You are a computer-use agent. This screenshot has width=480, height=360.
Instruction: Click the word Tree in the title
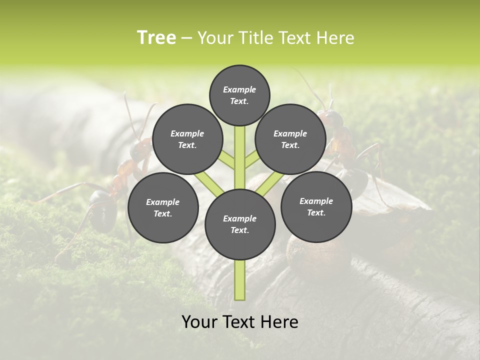[156, 37]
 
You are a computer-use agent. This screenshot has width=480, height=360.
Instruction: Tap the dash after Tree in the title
[186, 38]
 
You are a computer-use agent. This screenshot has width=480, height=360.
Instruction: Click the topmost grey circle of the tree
[239, 95]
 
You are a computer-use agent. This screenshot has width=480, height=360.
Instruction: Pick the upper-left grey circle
[187, 139]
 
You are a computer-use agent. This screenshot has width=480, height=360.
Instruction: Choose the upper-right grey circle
[290, 139]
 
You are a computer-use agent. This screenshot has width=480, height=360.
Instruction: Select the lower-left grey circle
[163, 207]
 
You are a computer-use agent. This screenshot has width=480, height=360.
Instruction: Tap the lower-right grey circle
[316, 206]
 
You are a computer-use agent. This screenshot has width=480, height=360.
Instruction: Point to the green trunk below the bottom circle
[240, 280]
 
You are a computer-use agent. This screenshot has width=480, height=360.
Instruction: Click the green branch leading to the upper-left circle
[227, 160]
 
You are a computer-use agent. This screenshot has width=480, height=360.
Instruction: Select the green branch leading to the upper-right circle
[251, 159]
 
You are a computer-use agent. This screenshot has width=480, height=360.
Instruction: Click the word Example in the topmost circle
[239, 89]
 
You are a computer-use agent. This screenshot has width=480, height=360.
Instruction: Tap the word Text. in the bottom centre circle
[239, 230]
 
